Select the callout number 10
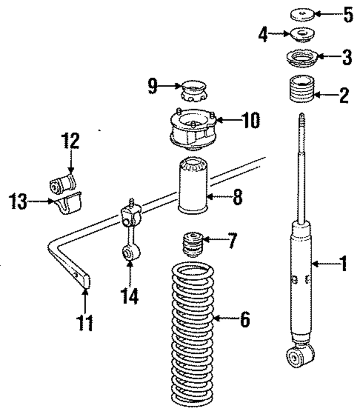point(251,120)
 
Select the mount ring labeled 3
point(303,58)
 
